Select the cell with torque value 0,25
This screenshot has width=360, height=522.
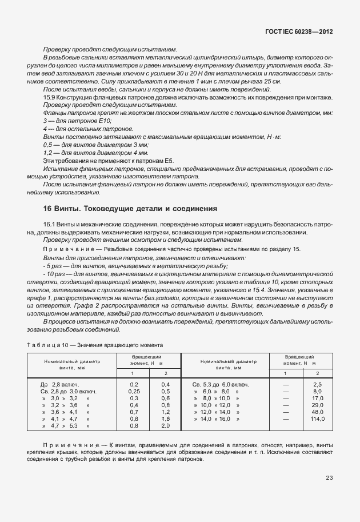click(134, 391)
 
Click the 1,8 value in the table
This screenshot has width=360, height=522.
click(166, 419)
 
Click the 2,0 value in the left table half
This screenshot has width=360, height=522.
click(166, 426)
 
